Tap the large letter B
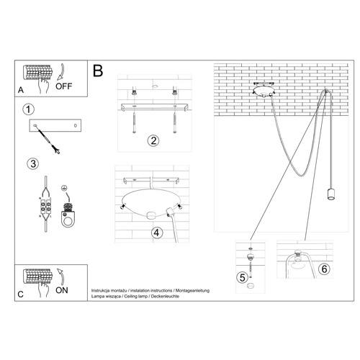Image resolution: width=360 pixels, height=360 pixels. click(98, 71)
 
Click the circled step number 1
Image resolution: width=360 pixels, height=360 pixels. click(28, 109)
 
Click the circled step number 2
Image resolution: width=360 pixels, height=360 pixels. click(153, 140)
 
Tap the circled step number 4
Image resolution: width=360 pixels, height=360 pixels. click(156, 232)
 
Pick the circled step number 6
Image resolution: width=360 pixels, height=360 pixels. click(325, 269)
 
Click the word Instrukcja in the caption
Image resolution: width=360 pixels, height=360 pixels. click(103, 290)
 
